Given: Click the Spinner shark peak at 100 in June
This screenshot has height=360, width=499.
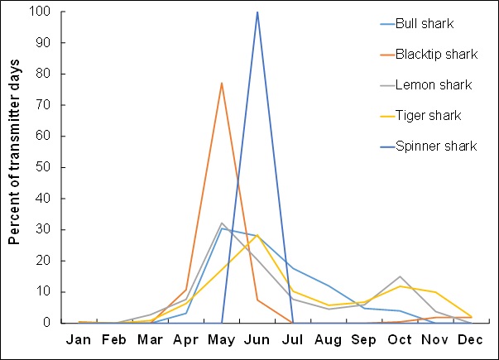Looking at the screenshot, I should pos(257,12).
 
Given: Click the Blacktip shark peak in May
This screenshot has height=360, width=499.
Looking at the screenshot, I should pos(222,83).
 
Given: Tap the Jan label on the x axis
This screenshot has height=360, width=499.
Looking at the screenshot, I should pos(79,340).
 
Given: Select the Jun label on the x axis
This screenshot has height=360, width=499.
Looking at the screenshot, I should pos(257,340).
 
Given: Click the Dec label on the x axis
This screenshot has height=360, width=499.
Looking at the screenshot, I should pos(471,340).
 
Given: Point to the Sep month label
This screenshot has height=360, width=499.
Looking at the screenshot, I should pos(364,340).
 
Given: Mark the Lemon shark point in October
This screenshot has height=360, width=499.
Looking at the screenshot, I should pos(400,276).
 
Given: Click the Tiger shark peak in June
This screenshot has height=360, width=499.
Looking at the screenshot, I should pos(257,235).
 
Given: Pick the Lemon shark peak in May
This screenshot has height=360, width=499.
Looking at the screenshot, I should pos(222,223).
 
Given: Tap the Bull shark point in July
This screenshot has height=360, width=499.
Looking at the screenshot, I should pos(293,267).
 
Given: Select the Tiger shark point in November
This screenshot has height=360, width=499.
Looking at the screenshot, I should pos(435,292).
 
